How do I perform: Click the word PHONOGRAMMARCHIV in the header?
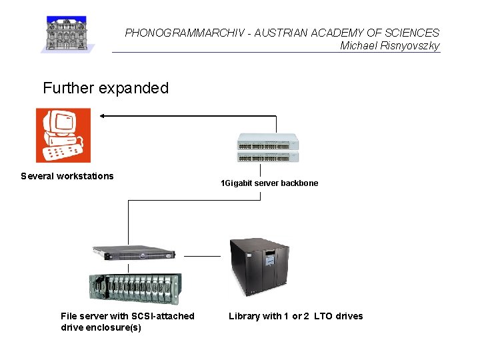(175, 33)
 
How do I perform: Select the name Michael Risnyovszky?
(389, 45)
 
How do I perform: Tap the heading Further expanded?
(105, 88)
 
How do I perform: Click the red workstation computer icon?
(63, 135)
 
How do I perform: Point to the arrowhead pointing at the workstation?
(103, 116)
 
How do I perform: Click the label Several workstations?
(67, 176)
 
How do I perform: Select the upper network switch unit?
(268, 143)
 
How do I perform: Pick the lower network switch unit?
(268, 157)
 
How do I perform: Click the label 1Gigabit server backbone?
(269, 183)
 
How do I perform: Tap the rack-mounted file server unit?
(133, 254)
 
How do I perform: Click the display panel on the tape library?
(269, 258)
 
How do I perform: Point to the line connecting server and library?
(202, 256)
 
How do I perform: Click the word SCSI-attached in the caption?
(164, 316)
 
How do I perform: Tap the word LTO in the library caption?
(323, 316)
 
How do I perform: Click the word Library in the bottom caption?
(244, 316)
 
